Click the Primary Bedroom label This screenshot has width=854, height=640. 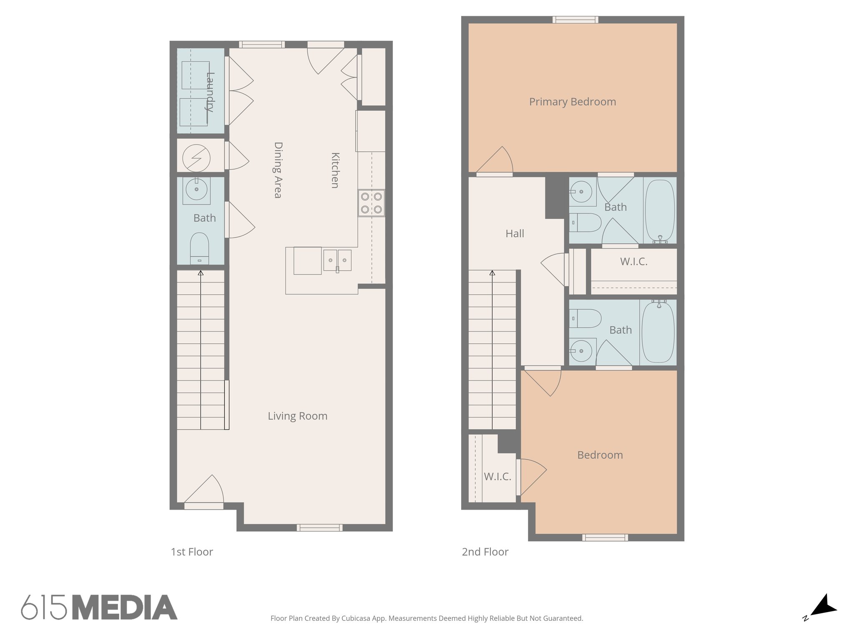tap(572, 102)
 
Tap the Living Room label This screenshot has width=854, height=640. tap(297, 416)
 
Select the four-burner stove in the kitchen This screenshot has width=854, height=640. tap(371, 203)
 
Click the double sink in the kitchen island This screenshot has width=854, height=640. tap(337, 260)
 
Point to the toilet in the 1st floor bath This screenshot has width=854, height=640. tap(199, 248)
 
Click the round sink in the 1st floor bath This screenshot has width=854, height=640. tap(196, 190)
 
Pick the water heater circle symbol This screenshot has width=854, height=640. tap(196, 158)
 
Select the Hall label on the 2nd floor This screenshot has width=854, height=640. tap(515, 234)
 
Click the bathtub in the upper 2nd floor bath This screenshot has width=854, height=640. tap(660, 210)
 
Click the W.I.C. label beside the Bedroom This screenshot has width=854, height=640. tap(497, 477)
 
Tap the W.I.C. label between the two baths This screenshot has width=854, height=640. tap(633, 262)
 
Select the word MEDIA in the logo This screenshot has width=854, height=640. tap(125, 607)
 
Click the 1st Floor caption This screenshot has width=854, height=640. tap(192, 552)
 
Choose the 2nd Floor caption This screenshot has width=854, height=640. tap(485, 552)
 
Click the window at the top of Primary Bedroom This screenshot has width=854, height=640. tap(575, 20)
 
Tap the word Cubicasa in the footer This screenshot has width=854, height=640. tap(356, 618)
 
